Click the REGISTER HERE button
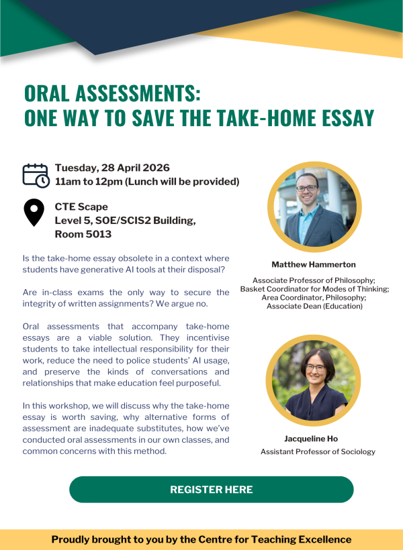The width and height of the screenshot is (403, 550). (211, 490)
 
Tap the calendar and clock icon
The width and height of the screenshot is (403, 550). (36, 175)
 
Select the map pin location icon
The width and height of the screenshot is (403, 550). (34, 213)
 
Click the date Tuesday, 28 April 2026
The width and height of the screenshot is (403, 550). (112, 168)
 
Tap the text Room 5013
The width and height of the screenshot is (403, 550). (83, 234)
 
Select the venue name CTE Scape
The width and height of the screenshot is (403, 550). (81, 206)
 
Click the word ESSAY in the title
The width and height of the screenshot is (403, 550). (341, 117)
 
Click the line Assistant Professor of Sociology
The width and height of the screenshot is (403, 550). (318, 452)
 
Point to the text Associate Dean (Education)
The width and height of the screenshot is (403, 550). (314, 306)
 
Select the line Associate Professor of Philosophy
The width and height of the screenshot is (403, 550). (314, 280)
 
